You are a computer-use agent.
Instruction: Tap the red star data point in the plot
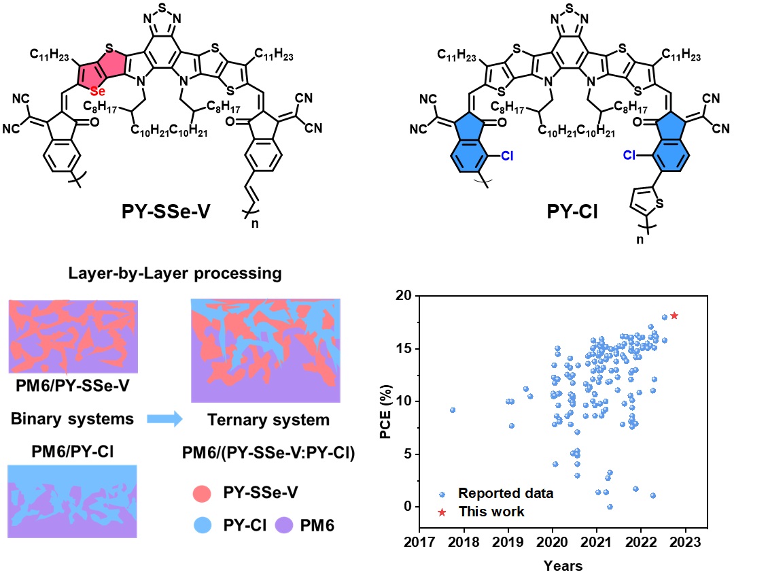(x=674, y=316)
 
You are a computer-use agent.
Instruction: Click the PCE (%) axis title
(x=385, y=401)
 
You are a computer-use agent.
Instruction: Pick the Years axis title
(x=563, y=565)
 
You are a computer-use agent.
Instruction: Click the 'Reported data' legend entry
(x=506, y=493)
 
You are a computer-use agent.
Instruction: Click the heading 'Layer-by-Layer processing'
(x=175, y=274)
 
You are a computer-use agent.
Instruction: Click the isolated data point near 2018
(x=453, y=410)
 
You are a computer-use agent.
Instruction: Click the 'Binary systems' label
(x=72, y=419)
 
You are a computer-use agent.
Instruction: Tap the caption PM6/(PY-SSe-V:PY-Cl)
(x=268, y=452)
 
